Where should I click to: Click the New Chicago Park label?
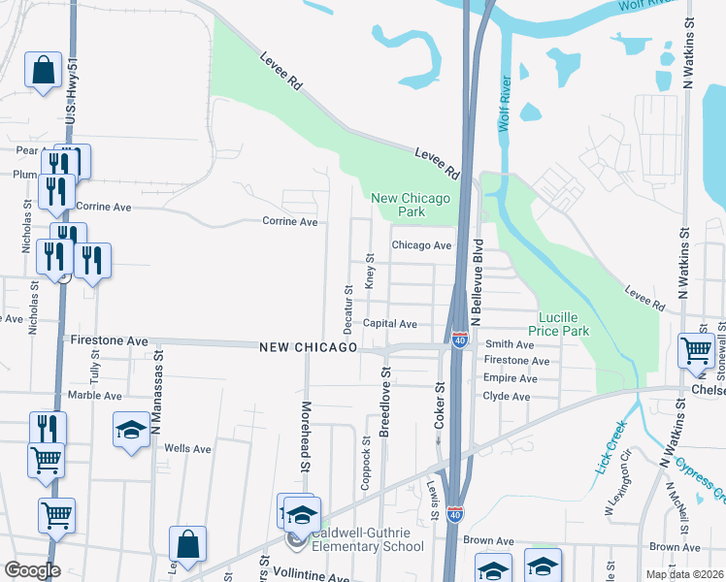click(412, 205)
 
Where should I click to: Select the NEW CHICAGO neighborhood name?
click(309, 347)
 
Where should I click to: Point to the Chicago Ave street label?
click(422, 245)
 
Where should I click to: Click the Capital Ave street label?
click(389, 324)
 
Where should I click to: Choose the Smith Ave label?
click(511, 344)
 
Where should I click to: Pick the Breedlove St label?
click(384, 402)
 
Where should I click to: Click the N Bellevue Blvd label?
click(477, 281)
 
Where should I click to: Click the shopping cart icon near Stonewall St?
click(696, 350)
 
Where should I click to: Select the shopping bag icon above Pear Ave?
click(43, 70)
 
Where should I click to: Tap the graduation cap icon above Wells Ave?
click(131, 431)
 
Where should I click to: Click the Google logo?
click(32, 570)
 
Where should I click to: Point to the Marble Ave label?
click(95, 396)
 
